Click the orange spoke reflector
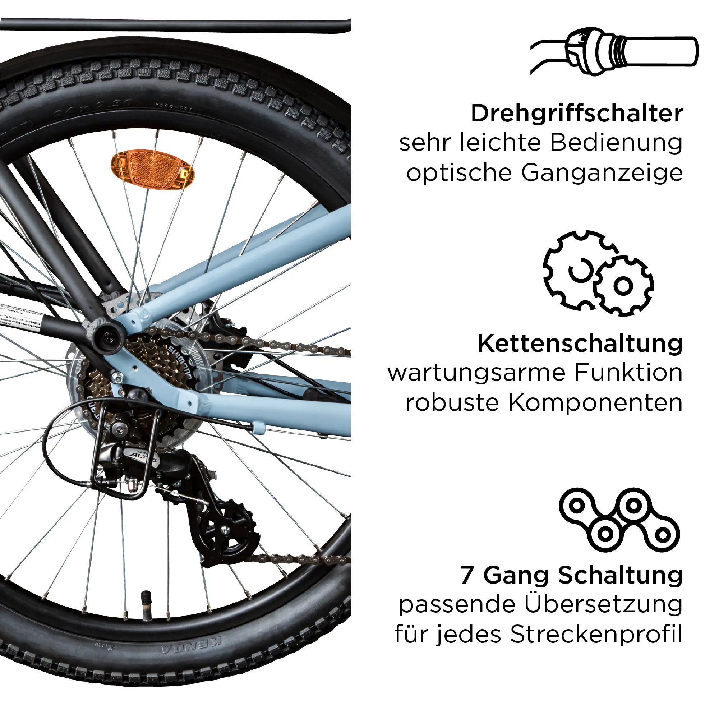click(x=153, y=170)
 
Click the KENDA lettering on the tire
click(x=192, y=649)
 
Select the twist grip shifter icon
click(x=614, y=51)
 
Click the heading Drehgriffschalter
click(x=577, y=113)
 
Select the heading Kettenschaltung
click(x=580, y=343)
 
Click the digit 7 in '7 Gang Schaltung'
click(x=467, y=575)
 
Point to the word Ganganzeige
click(x=602, y=174)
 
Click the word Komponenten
click(x=595, y=404)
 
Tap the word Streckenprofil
click(x=596, y=635)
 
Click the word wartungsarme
click(x=477, y=373)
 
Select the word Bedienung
click(x=616, y=143)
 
